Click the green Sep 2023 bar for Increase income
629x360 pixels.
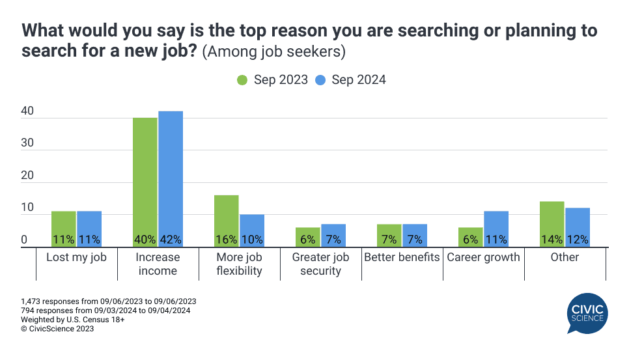145,182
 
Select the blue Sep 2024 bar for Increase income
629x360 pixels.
171,179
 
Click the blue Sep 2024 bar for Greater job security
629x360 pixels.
333,235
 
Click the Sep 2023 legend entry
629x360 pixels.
272,80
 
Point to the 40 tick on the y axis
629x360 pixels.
27,112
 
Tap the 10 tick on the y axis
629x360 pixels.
27,208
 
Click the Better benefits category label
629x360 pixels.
402,257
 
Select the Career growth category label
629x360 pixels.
483,257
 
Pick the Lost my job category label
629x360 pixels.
76,257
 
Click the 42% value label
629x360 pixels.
171,240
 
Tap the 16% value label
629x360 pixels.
227,240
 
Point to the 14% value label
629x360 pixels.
552,240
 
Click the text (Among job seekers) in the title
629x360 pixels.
273,51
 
